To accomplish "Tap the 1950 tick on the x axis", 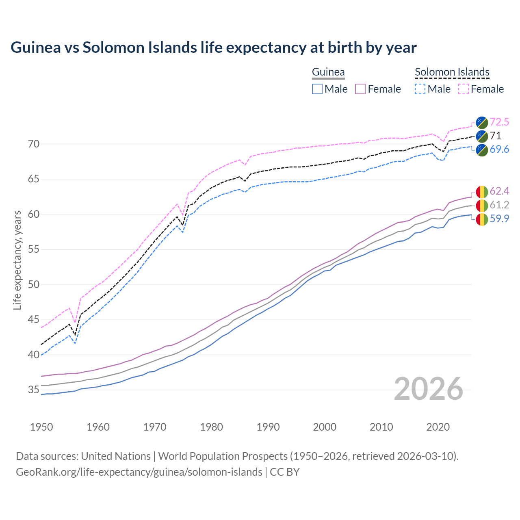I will tap(41, 427).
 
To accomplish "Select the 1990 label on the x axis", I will tap(268, 427).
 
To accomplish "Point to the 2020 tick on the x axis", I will tap(438, 427).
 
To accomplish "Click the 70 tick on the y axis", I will tap(34, 144).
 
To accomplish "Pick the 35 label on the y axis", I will tap(34, 390).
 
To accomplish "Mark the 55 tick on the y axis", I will tap(34, 249).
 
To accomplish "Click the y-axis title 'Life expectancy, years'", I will tap(17, 260).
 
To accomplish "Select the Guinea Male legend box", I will tap(317, 89).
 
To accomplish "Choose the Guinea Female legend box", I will tap(360, 89).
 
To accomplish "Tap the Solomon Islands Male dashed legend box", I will tap(420, 89).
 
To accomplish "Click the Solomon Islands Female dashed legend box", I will tap(463, 89).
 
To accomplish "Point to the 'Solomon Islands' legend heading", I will tap(452, 72).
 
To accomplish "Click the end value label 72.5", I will tap(499, 122).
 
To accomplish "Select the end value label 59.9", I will tap(499, 219).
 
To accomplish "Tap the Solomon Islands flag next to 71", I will tap(482, 136).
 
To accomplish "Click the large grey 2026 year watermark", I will tap(429, 389).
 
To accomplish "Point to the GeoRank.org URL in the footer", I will tap(139, 472).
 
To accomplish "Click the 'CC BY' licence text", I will tap(285, 472).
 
